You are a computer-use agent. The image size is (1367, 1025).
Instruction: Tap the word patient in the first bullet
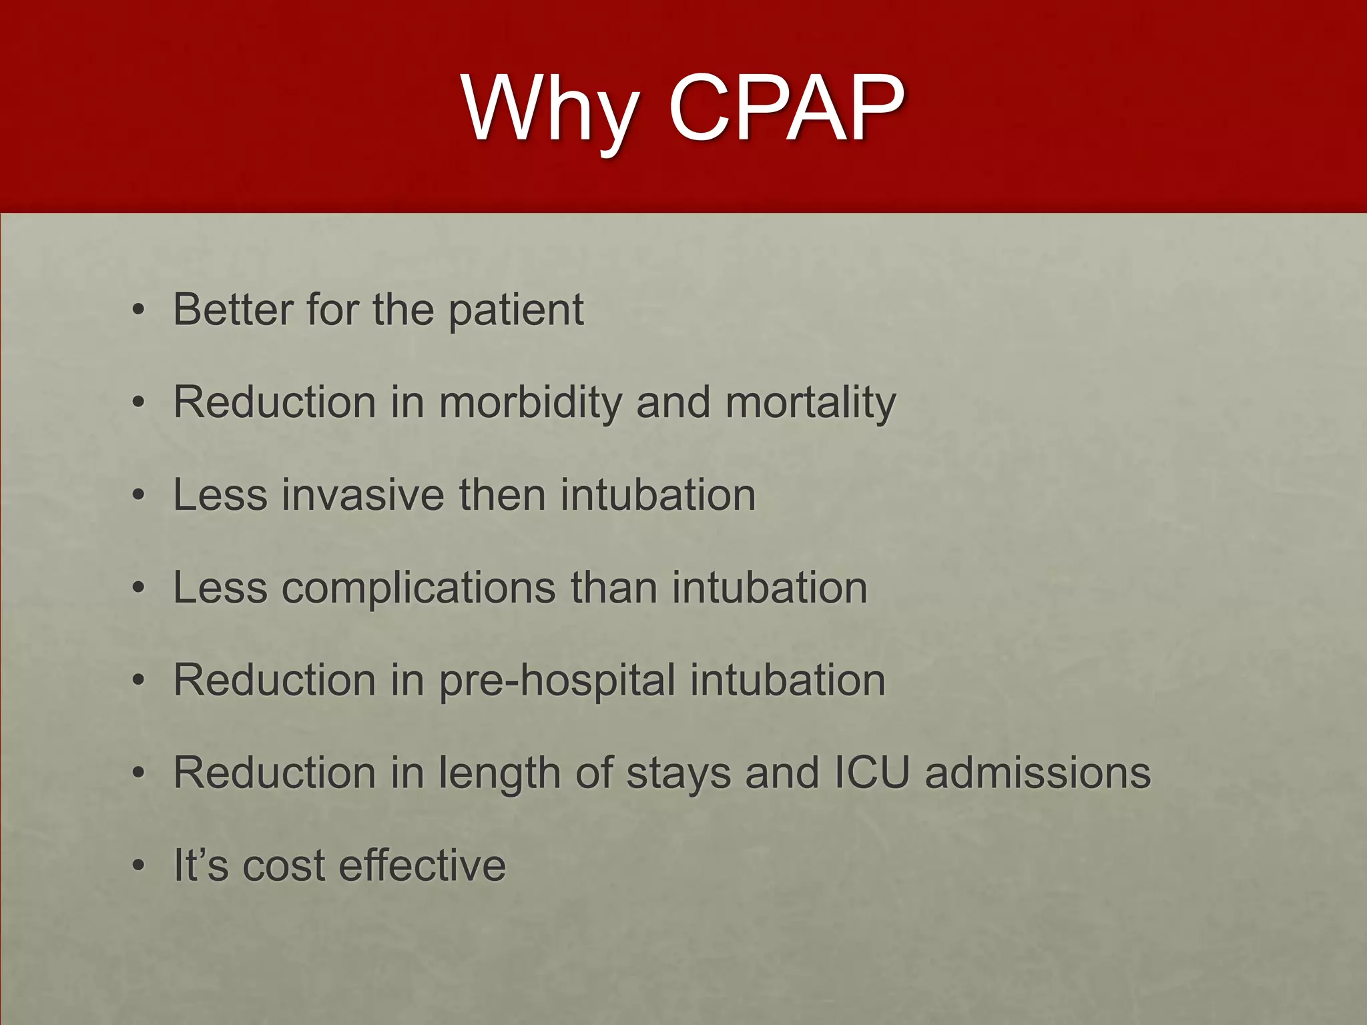515,311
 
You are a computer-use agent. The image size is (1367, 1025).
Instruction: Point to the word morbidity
531,402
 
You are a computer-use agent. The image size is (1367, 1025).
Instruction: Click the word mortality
810,404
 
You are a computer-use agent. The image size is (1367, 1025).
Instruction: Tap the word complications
419,589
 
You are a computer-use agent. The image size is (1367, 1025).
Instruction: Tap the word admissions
1037,773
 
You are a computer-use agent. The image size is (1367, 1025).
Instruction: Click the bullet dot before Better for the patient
138,310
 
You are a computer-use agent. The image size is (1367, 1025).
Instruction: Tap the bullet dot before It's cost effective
138,866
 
